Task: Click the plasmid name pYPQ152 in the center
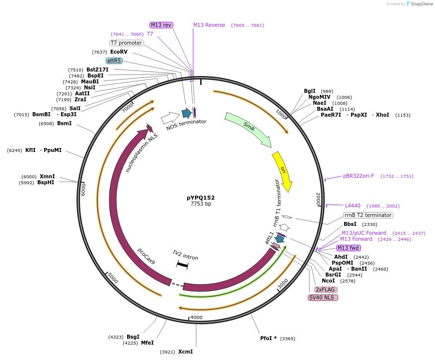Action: coord(201,198)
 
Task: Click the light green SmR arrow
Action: coord(248,130)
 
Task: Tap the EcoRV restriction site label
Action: coord(119,52)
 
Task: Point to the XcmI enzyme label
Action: coord(185,352)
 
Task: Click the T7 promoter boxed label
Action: coord(126,43)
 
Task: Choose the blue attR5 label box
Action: coord(114,61)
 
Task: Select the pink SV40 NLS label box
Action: coord(323,297)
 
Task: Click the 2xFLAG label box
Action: coord(325,289)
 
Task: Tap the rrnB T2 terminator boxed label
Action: coord(368,215)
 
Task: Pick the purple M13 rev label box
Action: coord(161,25)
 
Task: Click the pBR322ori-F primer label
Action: coord(359,176)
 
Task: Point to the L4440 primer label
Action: coord(353,206)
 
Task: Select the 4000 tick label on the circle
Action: coord(197,317)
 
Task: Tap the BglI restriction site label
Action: coord(310,91)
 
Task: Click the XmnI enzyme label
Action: coord(47,176)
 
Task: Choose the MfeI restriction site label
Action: coord(147,343)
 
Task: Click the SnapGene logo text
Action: coord(422,4)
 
